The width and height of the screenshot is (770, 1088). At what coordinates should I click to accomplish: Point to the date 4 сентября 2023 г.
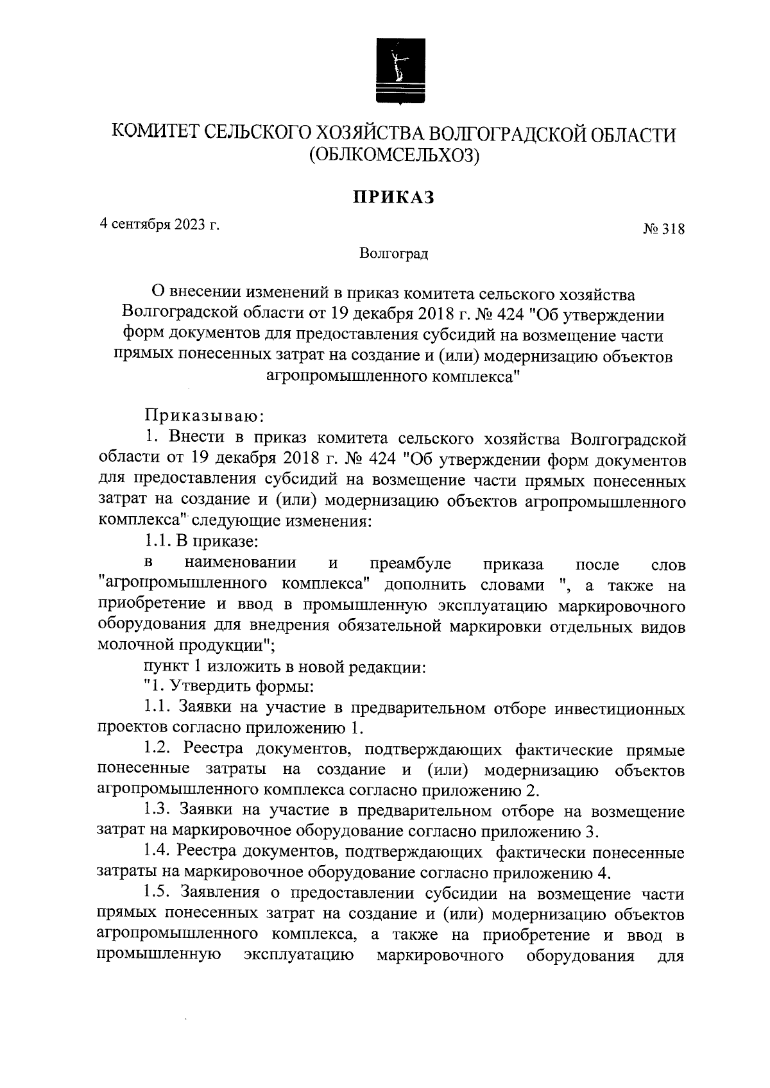(x=159, y=224)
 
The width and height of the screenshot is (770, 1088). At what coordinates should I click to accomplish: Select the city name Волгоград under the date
(x=393, y=254)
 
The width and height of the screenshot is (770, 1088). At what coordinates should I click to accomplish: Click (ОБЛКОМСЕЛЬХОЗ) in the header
(x=394, y=155)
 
